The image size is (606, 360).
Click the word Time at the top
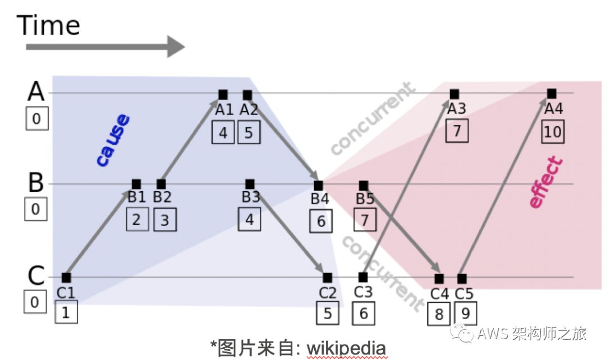(x=49, y=25)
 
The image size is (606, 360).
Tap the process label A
(x=36, y=91)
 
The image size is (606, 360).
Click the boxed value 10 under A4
(x=553, y=133)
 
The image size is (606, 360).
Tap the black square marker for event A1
(x=223, y=95)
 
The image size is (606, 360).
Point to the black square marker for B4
(x=318, y=185)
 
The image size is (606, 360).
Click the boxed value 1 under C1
(x=66, y=313)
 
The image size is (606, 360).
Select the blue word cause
(x=113, y=141)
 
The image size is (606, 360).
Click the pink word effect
(x=545, y=183)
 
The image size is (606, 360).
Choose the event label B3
(x=251, y=197)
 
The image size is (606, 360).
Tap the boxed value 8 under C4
(x=439, y=314)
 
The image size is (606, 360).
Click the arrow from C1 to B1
(x=101, y=232)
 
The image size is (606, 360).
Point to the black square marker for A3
(x=454, y=94)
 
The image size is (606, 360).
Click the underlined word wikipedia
(x=346, y=349)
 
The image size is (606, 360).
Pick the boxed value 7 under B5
(x=365, y=220)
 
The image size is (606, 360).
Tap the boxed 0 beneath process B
(x=35, y=209)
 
